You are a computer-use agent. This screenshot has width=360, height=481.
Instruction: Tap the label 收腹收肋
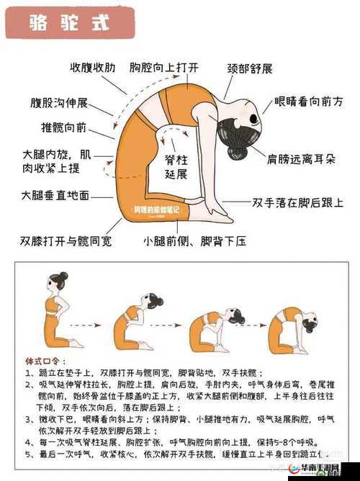point(94,68)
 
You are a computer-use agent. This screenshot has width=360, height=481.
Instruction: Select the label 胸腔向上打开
point(163,68)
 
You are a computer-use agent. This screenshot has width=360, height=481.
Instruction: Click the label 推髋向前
point(63,128)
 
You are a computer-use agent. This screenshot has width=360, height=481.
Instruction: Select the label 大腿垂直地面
point(55,195)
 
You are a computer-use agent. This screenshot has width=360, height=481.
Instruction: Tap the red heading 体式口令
point(45,361)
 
